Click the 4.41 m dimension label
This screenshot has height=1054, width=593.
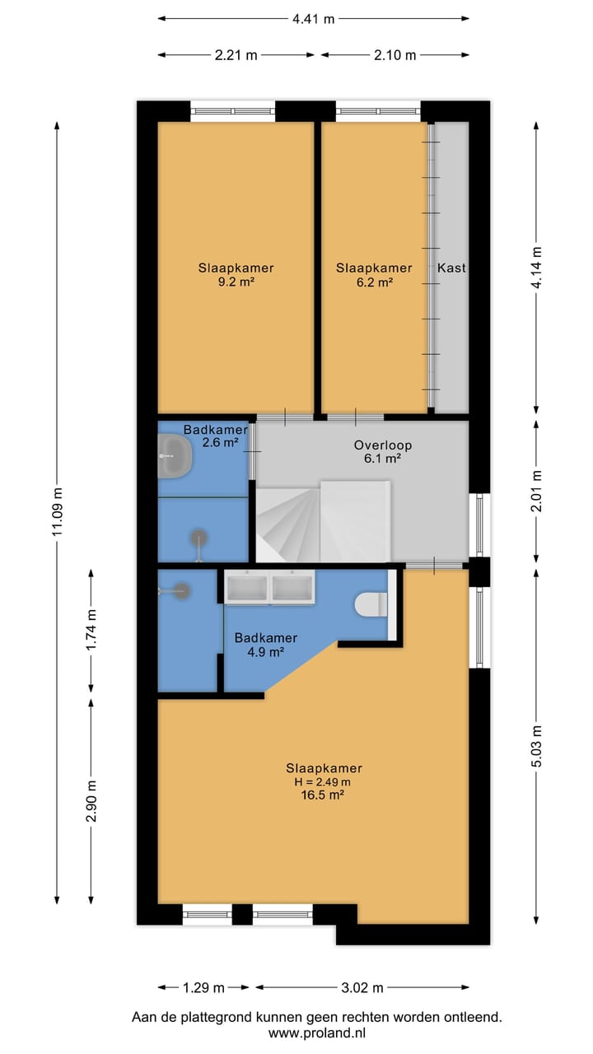coord(313,19)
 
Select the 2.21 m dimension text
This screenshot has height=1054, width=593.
coord(236,55)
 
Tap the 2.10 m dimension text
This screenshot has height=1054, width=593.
coord(395,55)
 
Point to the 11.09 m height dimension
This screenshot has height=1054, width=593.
coord(58,512)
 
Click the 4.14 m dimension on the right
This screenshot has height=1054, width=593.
coord(536,266)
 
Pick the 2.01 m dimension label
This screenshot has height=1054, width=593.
coord(536,490)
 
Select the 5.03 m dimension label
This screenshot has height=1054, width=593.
coord(536,746)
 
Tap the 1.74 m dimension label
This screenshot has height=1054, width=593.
coord(91,630)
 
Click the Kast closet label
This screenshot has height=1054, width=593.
coord(452,268)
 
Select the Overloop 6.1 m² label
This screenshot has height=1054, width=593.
coord(383,452)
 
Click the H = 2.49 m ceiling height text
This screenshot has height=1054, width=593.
coord(322,782)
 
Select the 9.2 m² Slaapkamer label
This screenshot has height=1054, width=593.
coord(236,275)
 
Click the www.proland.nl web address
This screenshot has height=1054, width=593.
coord(317,1033)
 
